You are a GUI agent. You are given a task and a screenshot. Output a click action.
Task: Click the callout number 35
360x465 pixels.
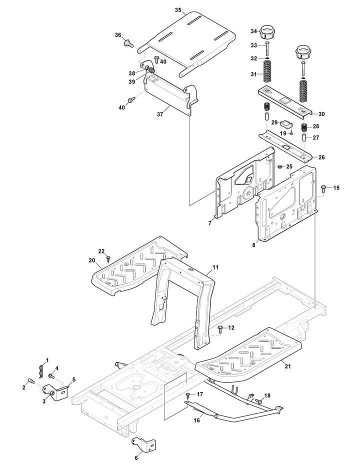pyautogui.click(x=178, y=10)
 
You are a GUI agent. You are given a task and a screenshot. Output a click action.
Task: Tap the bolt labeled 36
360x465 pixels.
pyautogui.click(x=128, y=43)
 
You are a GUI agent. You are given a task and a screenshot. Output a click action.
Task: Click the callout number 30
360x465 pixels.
pyautogui.click(x=321, y=114)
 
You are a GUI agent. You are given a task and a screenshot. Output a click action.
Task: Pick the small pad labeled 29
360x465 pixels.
pyautogui.click(x=286, y=123)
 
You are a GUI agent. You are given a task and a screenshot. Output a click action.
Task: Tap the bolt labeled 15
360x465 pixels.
pyautogui.click(x=324, y=188)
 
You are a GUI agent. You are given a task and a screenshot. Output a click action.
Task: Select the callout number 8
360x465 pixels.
pyautogui.click(x=253, y=245)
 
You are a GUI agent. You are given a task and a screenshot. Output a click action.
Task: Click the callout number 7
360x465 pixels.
pyautogui.click(x=209, y=223)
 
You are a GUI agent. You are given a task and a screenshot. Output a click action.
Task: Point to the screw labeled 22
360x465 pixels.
pyautogui.click(x=108, y=258)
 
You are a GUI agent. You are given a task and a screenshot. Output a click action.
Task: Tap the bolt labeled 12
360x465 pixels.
pyautogui.click(x=220, y=328)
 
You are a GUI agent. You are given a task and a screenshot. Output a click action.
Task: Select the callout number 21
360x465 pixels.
pyautogui.click(x=287, y=366)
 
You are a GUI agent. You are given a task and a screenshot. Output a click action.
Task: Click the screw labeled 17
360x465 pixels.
pyautogui.click(x=187, y=395)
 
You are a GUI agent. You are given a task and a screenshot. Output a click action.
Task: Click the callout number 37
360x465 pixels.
pyautogui.click(x=160, y=114)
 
